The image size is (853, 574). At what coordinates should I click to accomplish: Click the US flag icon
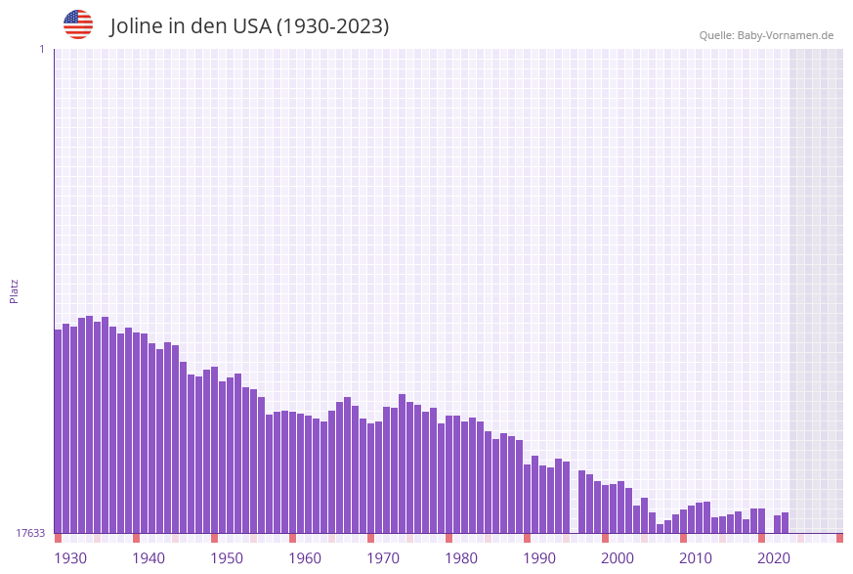(78, 24)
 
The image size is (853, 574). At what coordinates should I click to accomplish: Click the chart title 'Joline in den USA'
(249, 26)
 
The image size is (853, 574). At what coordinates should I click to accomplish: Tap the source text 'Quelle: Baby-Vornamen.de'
(766, 35)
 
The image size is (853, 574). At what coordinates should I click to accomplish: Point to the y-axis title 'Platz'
(15, 290)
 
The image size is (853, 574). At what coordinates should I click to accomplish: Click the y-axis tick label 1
(41, 49)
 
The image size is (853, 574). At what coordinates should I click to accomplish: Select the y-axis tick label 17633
(30, 533)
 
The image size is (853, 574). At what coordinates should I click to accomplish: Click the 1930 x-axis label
(70, 558)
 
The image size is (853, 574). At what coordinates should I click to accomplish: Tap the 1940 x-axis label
(149, 558)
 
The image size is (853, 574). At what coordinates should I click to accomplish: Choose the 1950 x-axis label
(227, 558)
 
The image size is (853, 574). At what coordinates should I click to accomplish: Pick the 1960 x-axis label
(305, 558)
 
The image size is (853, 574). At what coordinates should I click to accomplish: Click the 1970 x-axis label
(383, 558)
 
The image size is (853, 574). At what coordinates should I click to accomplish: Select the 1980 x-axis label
(461, 558)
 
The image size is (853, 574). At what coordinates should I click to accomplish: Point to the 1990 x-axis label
(539, 558)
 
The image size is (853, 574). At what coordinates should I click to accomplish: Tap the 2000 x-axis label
(618, 558)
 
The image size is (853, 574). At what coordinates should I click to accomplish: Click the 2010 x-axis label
(696, 558)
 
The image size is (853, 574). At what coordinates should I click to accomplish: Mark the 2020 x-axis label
(774, 558)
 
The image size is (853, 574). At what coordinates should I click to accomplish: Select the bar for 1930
(58, 430)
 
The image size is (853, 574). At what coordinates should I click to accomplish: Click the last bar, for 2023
(785, 523)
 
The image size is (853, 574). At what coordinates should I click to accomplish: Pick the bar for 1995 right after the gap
(581, 502)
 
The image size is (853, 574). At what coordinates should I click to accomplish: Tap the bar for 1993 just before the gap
(566, 497)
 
